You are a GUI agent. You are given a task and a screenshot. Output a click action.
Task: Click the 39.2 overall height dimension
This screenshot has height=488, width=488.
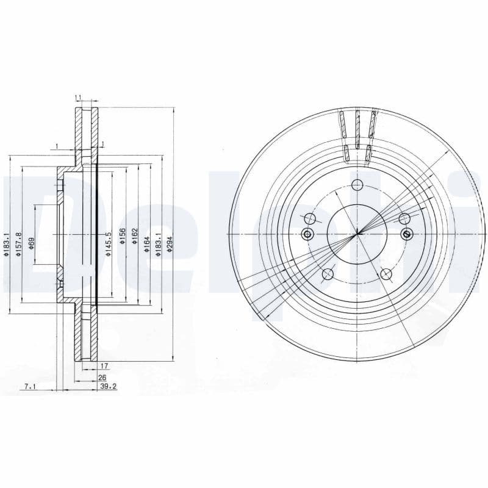pos(108,387)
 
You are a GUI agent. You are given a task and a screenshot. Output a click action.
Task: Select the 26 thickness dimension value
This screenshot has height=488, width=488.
pos(102,378)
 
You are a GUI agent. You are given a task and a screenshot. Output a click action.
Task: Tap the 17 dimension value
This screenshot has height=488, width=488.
pos(104,367)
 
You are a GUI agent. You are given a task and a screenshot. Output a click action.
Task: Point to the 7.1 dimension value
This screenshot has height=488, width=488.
pos(29,387)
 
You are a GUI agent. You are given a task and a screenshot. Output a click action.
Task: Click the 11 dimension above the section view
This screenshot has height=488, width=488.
pos(78,98)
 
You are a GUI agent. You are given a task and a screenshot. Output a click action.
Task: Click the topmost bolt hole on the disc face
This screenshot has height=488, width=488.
pos(358,186)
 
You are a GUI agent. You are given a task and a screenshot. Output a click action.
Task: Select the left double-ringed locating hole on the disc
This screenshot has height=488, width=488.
pos(307,234)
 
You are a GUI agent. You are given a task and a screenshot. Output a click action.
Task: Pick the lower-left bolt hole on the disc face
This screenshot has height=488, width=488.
pos(328,274)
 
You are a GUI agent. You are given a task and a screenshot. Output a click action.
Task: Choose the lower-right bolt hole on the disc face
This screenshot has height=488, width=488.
pos(386,274)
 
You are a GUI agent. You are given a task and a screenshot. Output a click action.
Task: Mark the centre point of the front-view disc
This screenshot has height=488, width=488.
pos(357,233)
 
